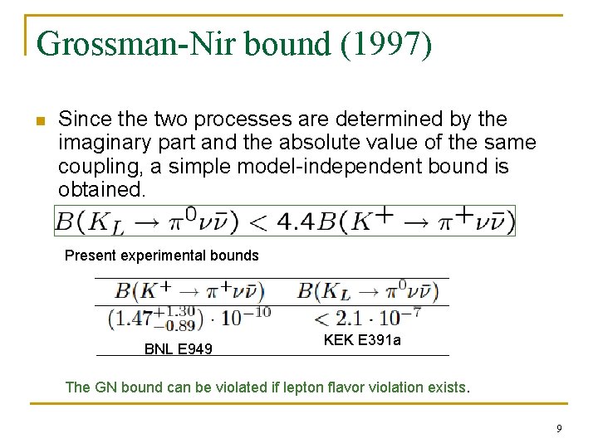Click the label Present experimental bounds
tap(162, 256)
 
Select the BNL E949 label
tap(178, 349)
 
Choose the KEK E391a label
tap(362, 339)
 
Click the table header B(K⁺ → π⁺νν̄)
tap(189, 291)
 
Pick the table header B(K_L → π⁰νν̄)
tap(367, 291)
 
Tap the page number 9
tap(559, 428)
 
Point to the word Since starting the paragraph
tap(81, 119)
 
